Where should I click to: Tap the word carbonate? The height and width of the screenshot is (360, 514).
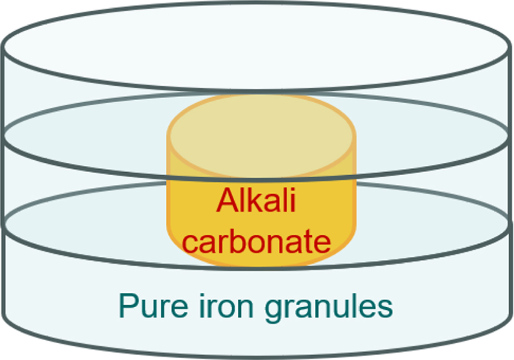pyautogui.click(x=257, y=242)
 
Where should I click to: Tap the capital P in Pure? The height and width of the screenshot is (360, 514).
pyautogui.click(x=127, y=305)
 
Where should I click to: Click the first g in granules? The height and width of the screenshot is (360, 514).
pyautogui.click(x=272, y=309)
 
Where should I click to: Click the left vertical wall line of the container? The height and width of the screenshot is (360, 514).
pyautogui.click(x=4, y=171)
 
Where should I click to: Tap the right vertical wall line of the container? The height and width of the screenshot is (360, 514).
pyautogui.click(x=510, y=171)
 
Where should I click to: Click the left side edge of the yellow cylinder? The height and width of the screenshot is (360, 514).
pyautogui.click(x=168, y=193)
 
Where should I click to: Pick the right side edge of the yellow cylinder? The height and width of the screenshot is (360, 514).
pyautogui.click(x=355, y=193)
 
